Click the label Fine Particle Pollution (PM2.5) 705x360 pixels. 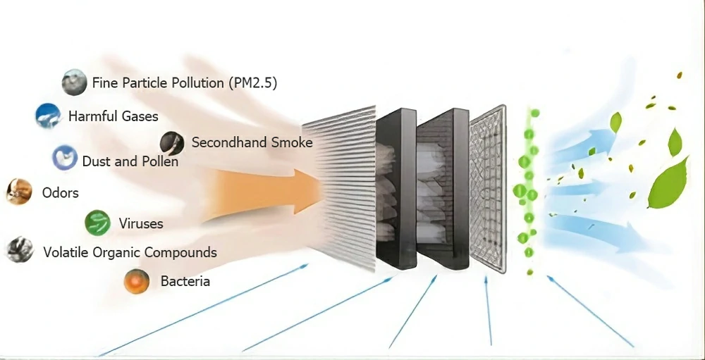[184, 83]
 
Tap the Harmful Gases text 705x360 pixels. [113, 116]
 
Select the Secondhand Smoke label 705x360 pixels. [252, 143]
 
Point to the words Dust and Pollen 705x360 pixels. [130, 161]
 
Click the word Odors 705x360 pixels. [60, 192]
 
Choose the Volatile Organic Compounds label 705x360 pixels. [130, 252]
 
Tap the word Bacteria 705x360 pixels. [185, 282]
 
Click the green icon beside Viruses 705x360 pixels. [97, 223]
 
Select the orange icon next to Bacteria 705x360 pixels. [136, 281]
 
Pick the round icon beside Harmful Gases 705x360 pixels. [48, 116]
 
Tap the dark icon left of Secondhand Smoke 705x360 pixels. [172, 143]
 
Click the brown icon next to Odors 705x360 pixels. [18, 192]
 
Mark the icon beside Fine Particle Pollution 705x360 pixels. [74, 82]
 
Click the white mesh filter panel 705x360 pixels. [488, 189]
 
